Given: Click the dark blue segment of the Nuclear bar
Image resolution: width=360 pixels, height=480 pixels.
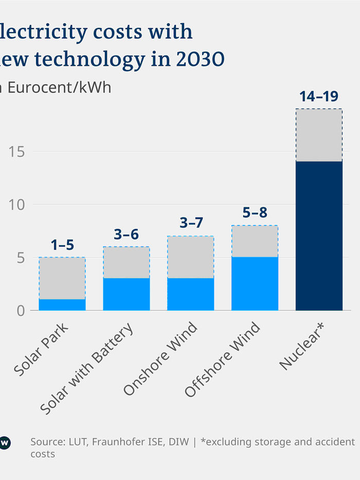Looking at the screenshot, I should tap(319, 236).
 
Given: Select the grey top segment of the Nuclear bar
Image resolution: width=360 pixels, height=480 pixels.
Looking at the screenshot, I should tap(319, 135).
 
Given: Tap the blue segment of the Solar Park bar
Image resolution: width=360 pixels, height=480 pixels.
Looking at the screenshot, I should tap(62, 305).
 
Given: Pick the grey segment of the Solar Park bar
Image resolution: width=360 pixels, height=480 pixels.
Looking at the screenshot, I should tap(62, 278).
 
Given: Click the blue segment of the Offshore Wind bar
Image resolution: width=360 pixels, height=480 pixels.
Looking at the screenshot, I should tap(255, 283).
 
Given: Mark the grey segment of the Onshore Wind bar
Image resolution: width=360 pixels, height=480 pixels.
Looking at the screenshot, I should tap(190, 257).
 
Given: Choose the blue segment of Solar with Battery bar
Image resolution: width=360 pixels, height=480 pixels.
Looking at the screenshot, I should tap(127, 294).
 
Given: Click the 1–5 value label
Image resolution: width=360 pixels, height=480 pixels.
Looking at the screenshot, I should tap(62, 245).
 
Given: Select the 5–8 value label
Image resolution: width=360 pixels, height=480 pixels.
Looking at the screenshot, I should tap(255, 213).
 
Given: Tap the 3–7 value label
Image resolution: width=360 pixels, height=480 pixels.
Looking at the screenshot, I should tap(191, 223).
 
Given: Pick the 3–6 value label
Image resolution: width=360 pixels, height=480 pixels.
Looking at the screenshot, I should tap(127, 234).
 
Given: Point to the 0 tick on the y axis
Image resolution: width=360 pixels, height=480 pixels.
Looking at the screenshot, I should tap(21, 311).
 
